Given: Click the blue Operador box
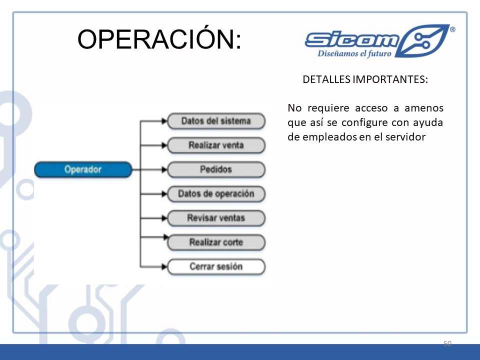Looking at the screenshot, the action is [83, 169].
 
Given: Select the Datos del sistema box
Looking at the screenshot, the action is [216, 121].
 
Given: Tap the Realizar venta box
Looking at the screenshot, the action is [216, 145].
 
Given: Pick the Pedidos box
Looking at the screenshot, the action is [216, 169].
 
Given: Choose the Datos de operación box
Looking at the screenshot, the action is [216, 194].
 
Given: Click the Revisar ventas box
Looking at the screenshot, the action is [216, 218].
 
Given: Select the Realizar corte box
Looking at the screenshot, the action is [216, 242].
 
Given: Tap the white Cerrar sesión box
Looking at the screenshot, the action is [216, 266].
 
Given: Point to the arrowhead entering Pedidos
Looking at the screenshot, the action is [164, 169].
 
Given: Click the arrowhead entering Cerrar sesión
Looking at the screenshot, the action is [164, 266].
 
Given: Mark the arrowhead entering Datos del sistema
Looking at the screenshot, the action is [164, 121].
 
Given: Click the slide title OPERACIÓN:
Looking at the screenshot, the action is [159, 38].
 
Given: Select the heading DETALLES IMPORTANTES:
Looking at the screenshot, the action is [365, 79].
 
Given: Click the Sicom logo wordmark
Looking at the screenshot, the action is [352, 40].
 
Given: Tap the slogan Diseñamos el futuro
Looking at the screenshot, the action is [354, 53].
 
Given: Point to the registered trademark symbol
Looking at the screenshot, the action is [452, 29].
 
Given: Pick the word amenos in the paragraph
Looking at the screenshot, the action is [424, 108].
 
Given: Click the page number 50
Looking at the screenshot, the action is [447, 343].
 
